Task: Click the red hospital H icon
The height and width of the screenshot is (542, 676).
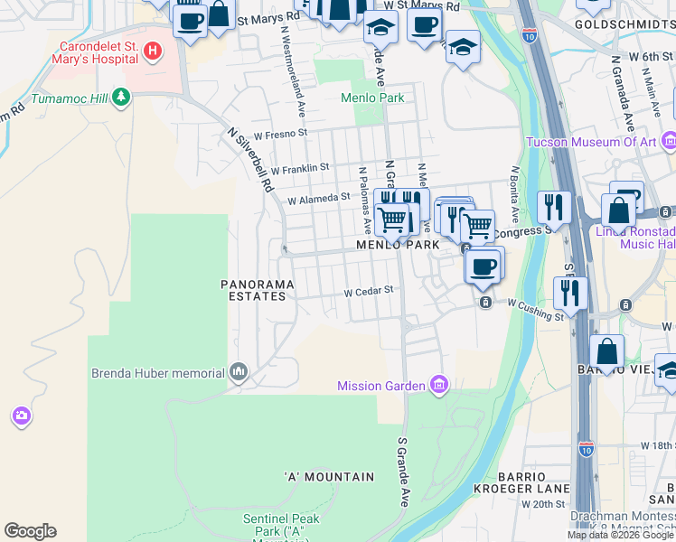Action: click(x=153, y=51)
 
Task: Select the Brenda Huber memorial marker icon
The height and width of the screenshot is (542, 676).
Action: click(x=239, y=372)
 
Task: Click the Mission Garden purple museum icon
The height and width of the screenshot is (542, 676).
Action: click(x=439, y=386)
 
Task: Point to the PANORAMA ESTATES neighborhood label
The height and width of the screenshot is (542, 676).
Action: click(x=258, y=289)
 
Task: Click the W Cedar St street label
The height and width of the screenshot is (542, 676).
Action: click(x=370, y=291)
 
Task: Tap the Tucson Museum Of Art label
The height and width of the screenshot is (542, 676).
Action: click(x=591, y=142)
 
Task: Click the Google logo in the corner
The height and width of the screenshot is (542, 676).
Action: click(x=30, y=531)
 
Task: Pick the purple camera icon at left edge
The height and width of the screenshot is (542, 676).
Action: click(x=21, y=416)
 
